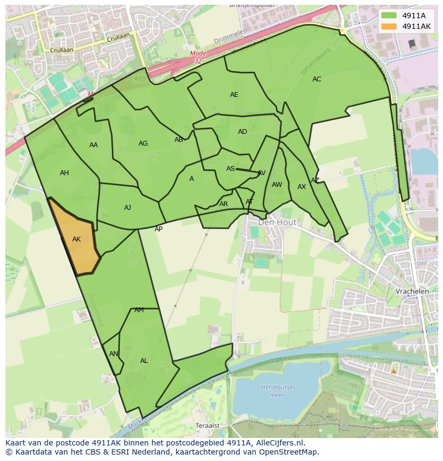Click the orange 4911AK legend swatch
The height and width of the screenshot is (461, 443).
pyautogui.click(x=389, y=26)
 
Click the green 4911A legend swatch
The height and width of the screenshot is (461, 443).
pyautogui.click(x=389, y=16)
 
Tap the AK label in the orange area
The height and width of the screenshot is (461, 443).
pyautogui.click(x=77, y=239)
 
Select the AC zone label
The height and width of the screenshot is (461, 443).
pyautogui.click(x=317, y=79)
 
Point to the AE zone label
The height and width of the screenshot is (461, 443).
pyautogui.click(x=234, y=95)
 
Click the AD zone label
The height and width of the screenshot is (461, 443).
pyautogui.click(x=242, y=132)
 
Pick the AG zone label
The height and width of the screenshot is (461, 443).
pyautogui.click(x=143, y=143)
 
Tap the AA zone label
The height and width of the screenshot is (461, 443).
pyautogui.click(x=94, y=145)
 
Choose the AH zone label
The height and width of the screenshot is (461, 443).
pyautogui.click(x=64, y=173)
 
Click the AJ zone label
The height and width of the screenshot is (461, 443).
pyautogui.click(x=127, y=208)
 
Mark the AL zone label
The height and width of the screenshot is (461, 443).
pyautogui.click(x=144, y=361)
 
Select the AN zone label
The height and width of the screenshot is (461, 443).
pyautogui.click(x=113, y=354)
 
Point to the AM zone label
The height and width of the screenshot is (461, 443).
pyautogui.click(x=139, y=310)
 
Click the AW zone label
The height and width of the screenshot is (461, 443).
pyautogui.click(x=277, y=185)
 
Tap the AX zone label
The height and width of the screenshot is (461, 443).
pyautogui.click(x=302, y=187)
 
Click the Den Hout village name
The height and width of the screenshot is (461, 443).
pyautogui.click(x=278, y=222)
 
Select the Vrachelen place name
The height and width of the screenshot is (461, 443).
pyautogui.click(x=412, y=291)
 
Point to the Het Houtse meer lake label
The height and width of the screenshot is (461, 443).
pyautogui.click(x=273, y=391)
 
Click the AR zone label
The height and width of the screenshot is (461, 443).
pyautogui.click(x=224, y=204)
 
